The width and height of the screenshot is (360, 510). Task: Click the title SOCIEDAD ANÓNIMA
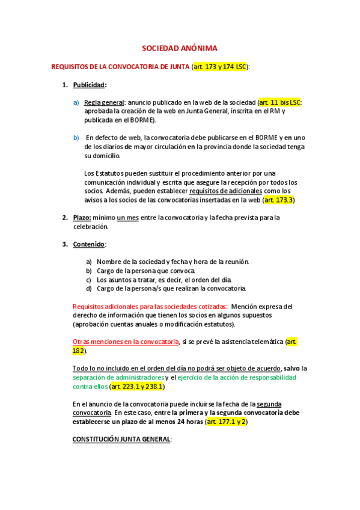click(180, 48)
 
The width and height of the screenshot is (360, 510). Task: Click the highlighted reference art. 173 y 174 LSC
click(219, 67)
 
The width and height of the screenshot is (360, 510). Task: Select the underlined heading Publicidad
click(88, 85)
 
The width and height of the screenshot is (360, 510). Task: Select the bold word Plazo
click(82, 218)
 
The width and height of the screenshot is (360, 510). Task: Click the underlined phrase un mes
click(127, 218)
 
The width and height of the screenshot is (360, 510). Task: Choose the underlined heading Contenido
click(89, 244)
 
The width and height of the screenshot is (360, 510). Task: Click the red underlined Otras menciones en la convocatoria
click(126, 342)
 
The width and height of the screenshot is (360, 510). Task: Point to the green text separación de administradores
click(118, 377)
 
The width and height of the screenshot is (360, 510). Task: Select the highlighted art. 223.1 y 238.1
click(137, 386)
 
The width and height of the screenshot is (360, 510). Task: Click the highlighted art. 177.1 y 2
click(226, 422)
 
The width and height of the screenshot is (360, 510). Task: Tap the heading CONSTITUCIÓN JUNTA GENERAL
click(121, 440)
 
